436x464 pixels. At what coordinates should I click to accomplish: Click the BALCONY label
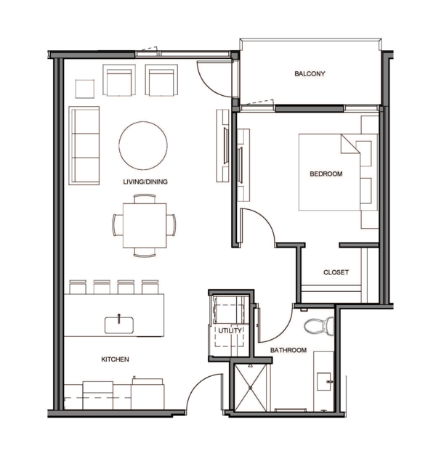[x=310, y=73]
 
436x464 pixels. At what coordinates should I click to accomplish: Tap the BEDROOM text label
[x=326, y=174]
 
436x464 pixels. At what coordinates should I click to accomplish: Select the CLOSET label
[x=336, y=272]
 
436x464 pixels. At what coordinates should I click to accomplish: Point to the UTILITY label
[x=230, y=330]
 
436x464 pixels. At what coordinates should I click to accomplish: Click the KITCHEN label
[x=115, y=359]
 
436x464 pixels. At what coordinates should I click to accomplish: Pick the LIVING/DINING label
[x=145, y=182]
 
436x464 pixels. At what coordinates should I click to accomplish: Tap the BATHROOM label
[x=288, y=350]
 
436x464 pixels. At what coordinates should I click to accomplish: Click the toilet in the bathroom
[x=319, y=326]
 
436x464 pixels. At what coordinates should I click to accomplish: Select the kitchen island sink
[x=119, y=325]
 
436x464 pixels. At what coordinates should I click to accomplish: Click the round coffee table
[x=143, y=146]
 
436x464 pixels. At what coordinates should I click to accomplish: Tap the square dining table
[x=145, y=226]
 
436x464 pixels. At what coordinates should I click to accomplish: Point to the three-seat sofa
[x=84, y=146]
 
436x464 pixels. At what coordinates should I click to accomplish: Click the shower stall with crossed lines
[x=250, y=388]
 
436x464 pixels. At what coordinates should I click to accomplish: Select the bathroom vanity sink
[x=324, y=381]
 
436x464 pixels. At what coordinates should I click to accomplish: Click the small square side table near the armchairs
[x=85, y=89]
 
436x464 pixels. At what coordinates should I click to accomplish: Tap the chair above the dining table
[x=145, y=198]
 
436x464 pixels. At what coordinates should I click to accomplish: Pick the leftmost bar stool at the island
[x=78, y=287]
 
